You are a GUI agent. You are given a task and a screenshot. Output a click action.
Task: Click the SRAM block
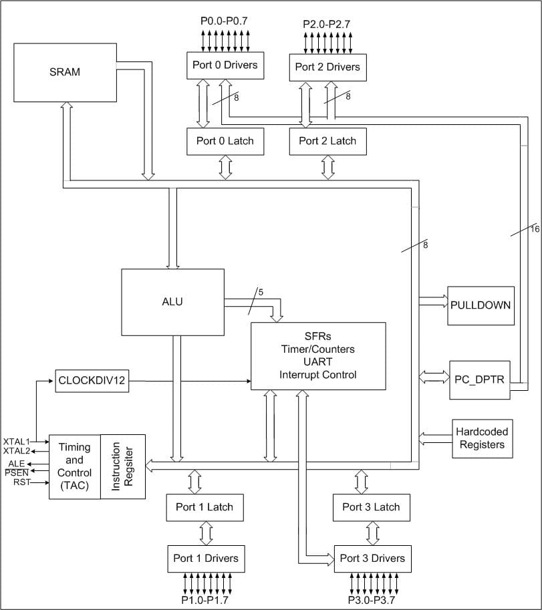point(64,72)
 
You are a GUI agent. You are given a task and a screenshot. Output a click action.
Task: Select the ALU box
point(172,301)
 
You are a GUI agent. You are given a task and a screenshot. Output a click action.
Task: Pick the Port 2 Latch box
point(327,140)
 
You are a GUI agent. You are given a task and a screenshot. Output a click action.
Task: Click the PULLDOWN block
point(481,305)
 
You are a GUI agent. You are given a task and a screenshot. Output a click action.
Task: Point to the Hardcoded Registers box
point(483,439)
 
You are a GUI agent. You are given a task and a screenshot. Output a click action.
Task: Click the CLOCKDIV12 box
point(91,382)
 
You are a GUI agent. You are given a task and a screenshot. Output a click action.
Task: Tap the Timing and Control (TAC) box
point(75,466)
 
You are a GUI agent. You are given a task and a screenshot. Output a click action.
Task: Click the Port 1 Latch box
point(205,507)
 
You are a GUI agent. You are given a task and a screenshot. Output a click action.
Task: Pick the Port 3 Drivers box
point(372,558)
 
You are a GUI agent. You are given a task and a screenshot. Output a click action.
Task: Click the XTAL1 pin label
point(16,442)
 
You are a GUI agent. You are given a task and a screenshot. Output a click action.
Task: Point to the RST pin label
point(21,482)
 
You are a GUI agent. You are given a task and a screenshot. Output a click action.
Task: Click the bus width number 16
point(535,228)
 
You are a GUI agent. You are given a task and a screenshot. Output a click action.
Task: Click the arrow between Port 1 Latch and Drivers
point(205,532)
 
